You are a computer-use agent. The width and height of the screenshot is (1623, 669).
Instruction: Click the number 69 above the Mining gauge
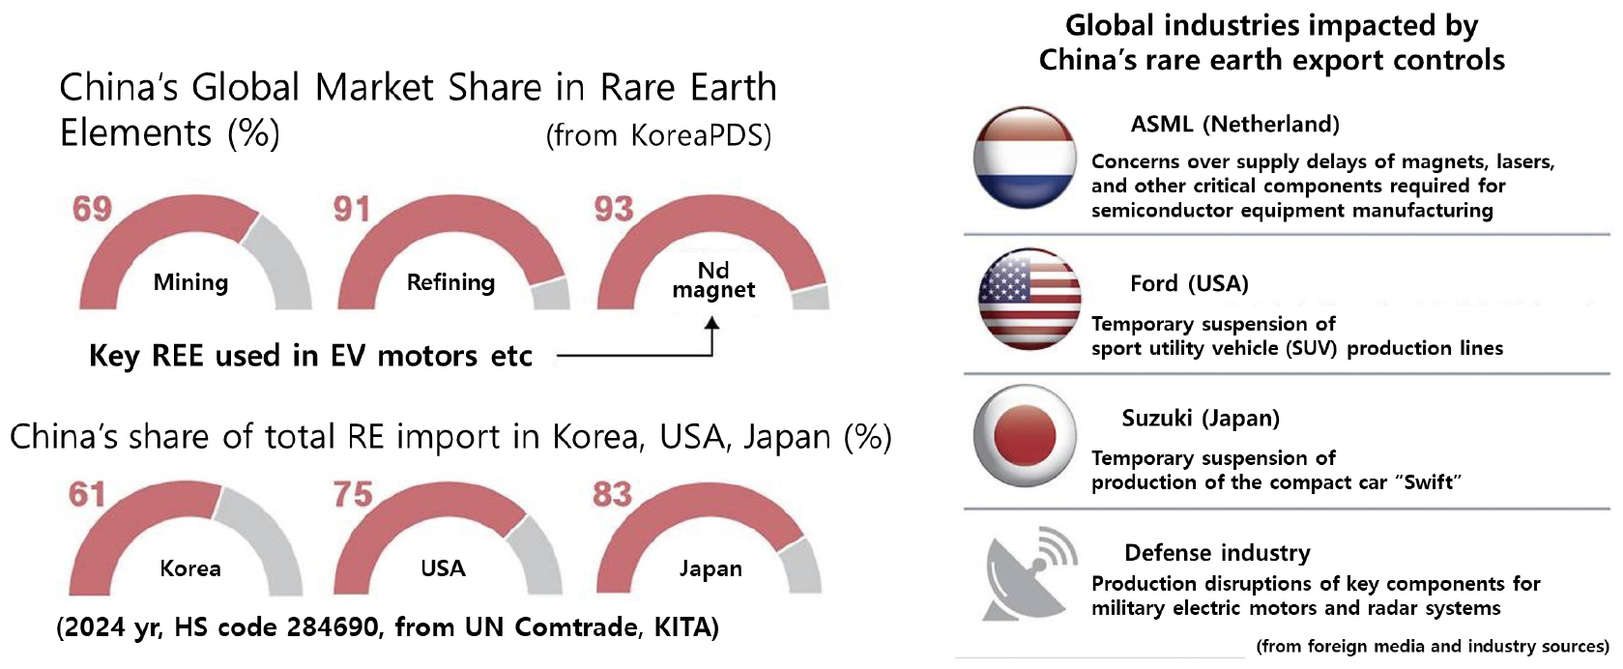point(92,209)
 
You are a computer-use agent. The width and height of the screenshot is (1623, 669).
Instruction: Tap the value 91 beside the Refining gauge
point(352,209)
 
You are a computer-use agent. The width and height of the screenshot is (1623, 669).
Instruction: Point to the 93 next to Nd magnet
point(614,209)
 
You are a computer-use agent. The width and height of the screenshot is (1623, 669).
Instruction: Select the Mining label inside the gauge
point(190,282)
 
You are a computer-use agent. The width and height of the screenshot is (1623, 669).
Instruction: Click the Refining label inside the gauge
point(450,282)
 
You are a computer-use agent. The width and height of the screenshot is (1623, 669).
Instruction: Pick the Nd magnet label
point(713,279)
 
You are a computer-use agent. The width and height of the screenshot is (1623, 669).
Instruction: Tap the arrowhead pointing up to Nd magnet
point(712,323)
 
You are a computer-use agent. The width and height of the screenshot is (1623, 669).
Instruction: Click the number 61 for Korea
point(87,494)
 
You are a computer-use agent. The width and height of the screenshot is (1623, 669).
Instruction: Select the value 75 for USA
point(353,494)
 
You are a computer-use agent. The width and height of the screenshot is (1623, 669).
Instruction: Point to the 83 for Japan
point(612,494)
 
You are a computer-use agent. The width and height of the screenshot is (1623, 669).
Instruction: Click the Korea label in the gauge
point(190,568)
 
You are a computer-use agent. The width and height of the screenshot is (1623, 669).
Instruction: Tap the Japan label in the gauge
point(710,569)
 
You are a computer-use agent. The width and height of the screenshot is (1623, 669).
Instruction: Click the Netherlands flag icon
point(1026,158)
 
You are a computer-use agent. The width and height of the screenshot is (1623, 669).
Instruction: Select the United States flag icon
point(1029,299)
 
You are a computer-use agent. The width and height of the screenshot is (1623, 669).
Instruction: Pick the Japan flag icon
point(1026,436)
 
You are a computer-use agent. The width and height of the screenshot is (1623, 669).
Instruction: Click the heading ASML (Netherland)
point(1235,125)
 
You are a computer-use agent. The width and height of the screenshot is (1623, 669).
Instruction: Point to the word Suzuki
point(1157,419)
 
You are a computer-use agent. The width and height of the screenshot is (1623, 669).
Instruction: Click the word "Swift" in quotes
point(1428,482)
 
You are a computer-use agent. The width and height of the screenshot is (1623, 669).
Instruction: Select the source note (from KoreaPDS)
point(658,135)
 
